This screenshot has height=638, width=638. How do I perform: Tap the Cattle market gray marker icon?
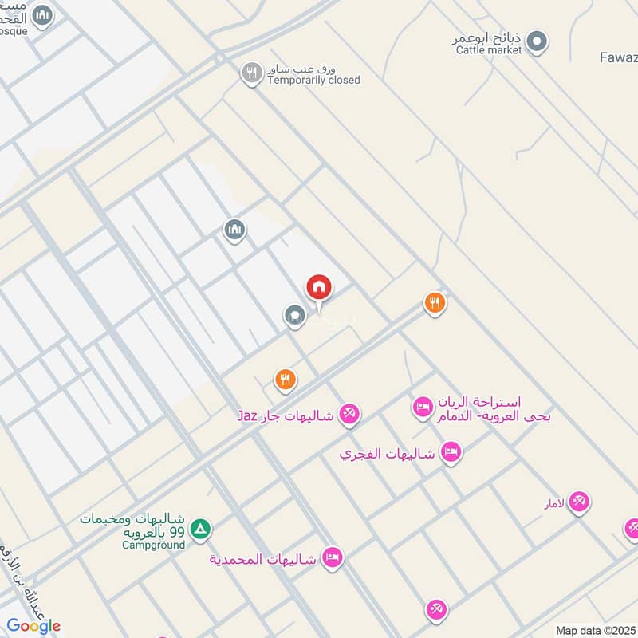(x=538, y=39)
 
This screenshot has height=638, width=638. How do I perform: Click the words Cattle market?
(x=489, y=50)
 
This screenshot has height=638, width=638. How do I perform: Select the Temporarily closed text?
(x=313, y=80)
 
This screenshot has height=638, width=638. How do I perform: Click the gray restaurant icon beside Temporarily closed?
(x=252, y=73)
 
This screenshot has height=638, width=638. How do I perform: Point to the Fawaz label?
(x=618, y=57)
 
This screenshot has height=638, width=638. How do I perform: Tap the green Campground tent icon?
(x=201, y=528)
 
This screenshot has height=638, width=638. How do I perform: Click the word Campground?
(x=153, y=545)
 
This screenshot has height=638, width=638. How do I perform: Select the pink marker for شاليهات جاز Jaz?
(x=349, y=413)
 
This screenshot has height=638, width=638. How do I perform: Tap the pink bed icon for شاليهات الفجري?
(x=451, y=452)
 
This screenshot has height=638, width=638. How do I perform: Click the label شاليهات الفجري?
(x=387, y=453)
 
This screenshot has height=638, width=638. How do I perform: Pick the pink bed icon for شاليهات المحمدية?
(x=333, y=557)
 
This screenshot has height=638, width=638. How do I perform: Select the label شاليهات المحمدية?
(x=263, y=558)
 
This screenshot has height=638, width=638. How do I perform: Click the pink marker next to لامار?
(x=579, y=501)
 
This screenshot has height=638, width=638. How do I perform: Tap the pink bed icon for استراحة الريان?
(x=422, y=407)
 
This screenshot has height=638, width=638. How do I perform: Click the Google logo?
(x=33, y=626)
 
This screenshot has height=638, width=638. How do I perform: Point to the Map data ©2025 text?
(x=596, y=630)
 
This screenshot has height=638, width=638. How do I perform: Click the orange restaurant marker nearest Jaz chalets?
(x=286, y=380)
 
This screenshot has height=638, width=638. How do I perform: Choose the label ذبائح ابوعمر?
(x=488, y=37)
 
